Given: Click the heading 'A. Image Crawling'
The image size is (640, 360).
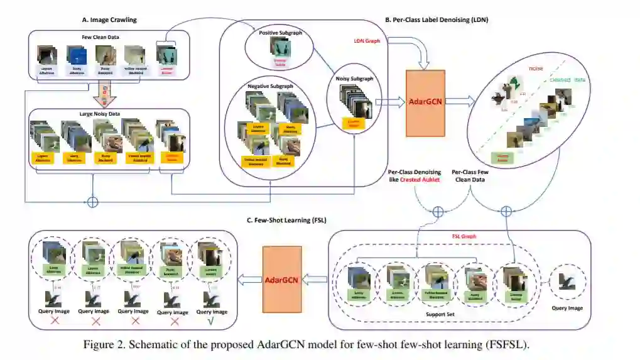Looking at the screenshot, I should tap(109, 20).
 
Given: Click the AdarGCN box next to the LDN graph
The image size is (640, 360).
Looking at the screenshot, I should tap(426, 104).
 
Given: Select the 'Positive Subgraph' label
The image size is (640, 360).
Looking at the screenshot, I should tap(278, 32).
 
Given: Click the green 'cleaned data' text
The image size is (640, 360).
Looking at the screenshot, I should tap(568, 80).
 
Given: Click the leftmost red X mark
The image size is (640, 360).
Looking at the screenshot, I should tap(55, 320).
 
